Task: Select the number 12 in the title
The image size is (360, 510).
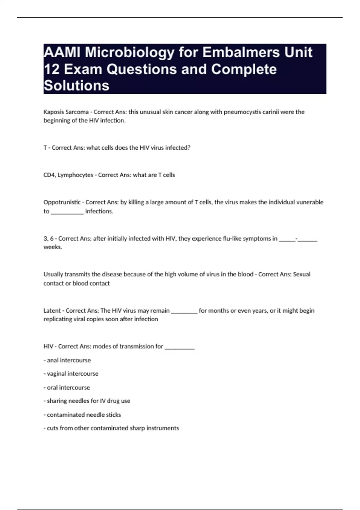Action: click(x=52, y=69)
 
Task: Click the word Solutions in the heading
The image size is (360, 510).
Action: click(x=76, y=86)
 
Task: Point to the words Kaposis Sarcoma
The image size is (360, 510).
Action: click(x=66, y=112)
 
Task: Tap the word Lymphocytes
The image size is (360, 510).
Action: click(x=75, y=175)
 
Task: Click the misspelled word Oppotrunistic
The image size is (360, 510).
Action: click(x=62, y=202)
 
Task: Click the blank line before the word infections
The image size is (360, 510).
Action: click(x=67, y=212)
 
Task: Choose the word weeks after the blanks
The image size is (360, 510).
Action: click(x=52, y=247)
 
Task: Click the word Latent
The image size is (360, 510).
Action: click(x=52, y=310)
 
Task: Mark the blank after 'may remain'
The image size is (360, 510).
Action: click(x=184, y=311)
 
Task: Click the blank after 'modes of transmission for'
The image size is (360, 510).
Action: click(x=180, y=347)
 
